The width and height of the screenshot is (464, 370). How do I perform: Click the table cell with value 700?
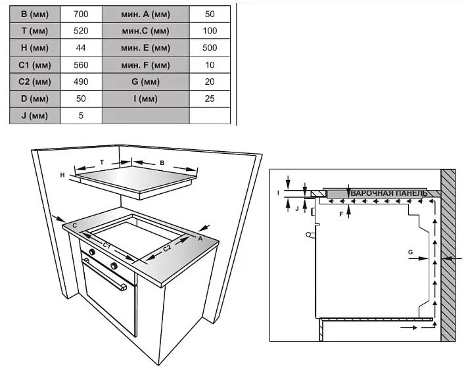click(81, 14)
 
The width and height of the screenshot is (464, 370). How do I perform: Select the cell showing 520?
click(81, 31)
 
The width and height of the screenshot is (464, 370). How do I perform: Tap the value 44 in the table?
click(81, 48)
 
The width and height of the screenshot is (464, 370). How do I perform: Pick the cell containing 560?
click(81, 65)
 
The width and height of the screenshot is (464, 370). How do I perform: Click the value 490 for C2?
click(81, 81)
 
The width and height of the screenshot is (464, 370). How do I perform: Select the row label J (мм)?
click(35, 116)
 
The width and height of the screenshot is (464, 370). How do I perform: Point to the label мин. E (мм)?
click(146, 48)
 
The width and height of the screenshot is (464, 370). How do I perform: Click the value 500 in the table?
click(210, 48)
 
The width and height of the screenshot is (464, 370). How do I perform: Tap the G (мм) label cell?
click(146, 81)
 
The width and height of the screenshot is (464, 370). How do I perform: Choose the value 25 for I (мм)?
click(210, 99)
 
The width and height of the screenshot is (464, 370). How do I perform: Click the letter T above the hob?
click(102, 162)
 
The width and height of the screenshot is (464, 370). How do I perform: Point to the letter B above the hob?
click(162, 163)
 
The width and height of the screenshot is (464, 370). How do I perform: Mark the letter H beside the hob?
click(62, 175)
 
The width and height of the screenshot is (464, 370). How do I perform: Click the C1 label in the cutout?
click(107, 245)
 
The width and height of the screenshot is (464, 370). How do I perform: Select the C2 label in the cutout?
click(167, 248)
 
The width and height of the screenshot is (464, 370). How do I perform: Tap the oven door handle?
click(104, 275)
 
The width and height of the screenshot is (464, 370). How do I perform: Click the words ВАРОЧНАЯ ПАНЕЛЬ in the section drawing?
click(389, 194)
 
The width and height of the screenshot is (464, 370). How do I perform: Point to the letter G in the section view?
click(411, 252)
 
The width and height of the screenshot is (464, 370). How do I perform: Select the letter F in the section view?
click(341, 214)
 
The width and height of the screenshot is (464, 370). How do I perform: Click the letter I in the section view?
click(278, 193)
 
